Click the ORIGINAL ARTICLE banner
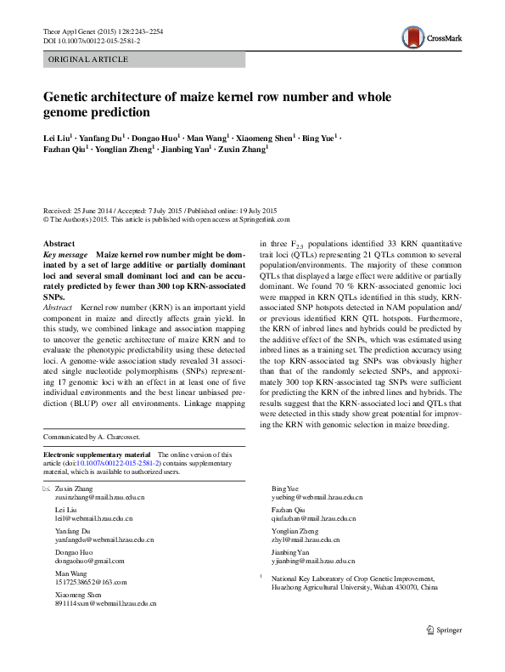(88, 59)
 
